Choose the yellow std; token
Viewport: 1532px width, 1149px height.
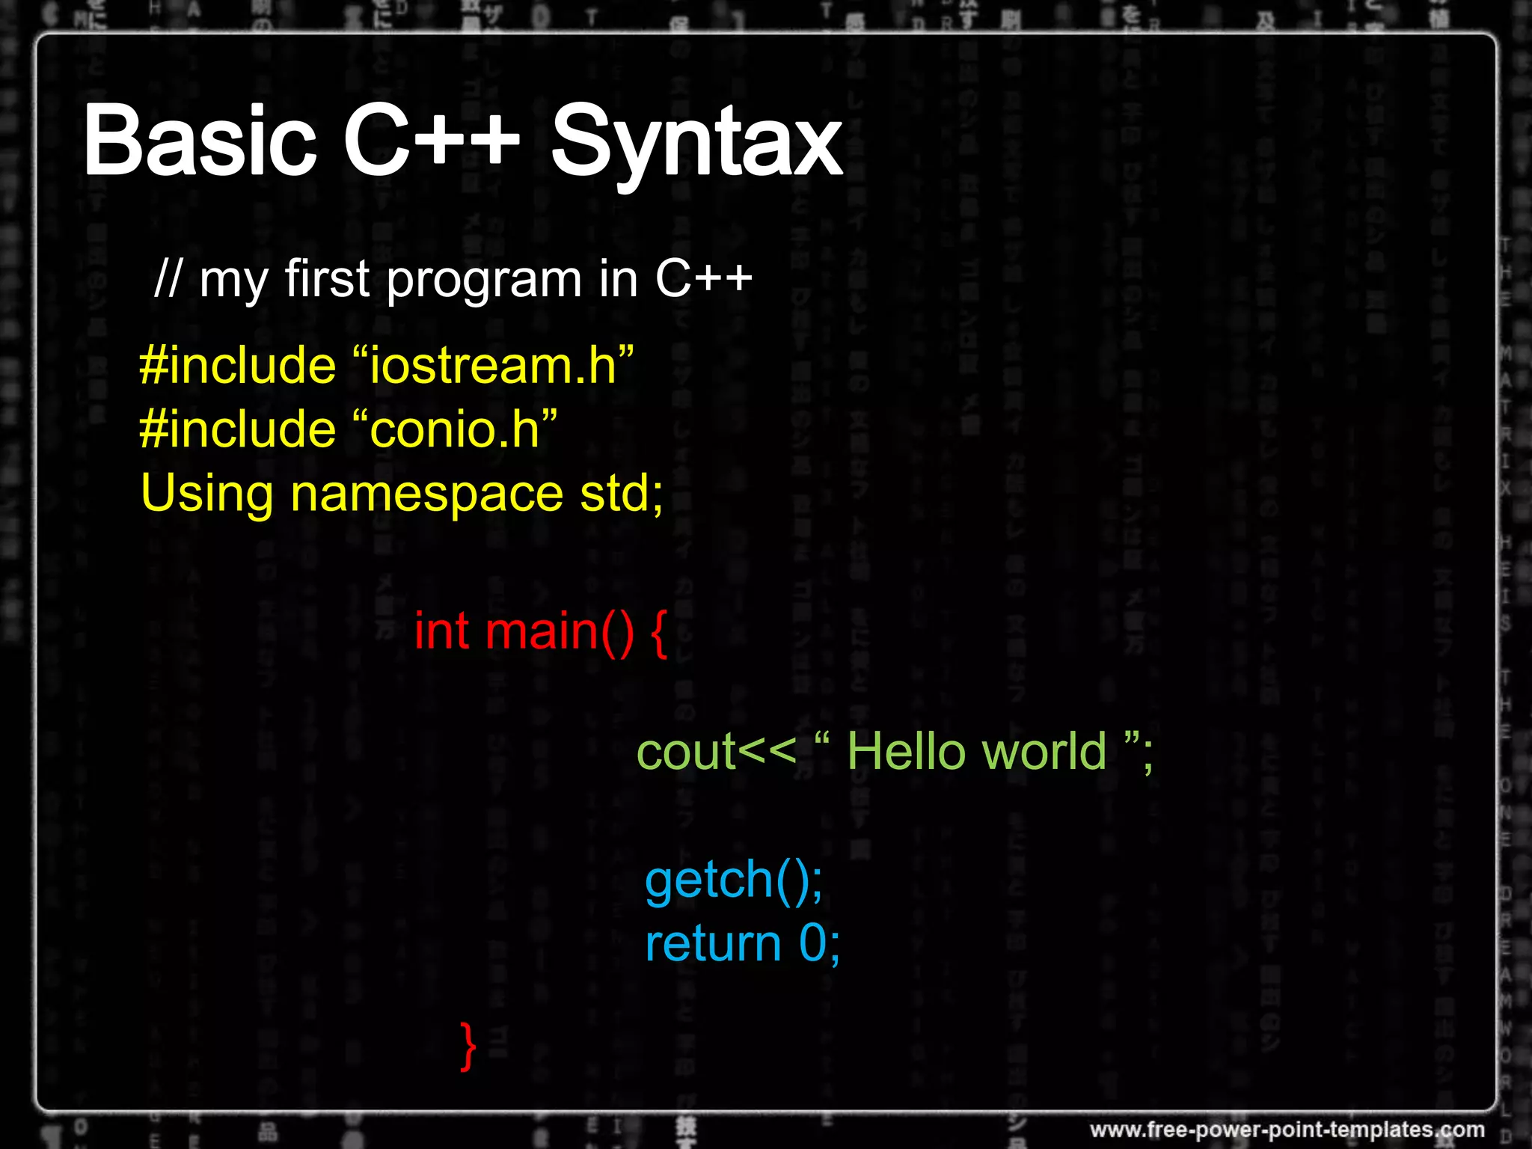point(622,494)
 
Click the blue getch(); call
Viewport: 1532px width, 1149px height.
point(734,880)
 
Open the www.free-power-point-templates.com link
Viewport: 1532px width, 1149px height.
point(1287,1129)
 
